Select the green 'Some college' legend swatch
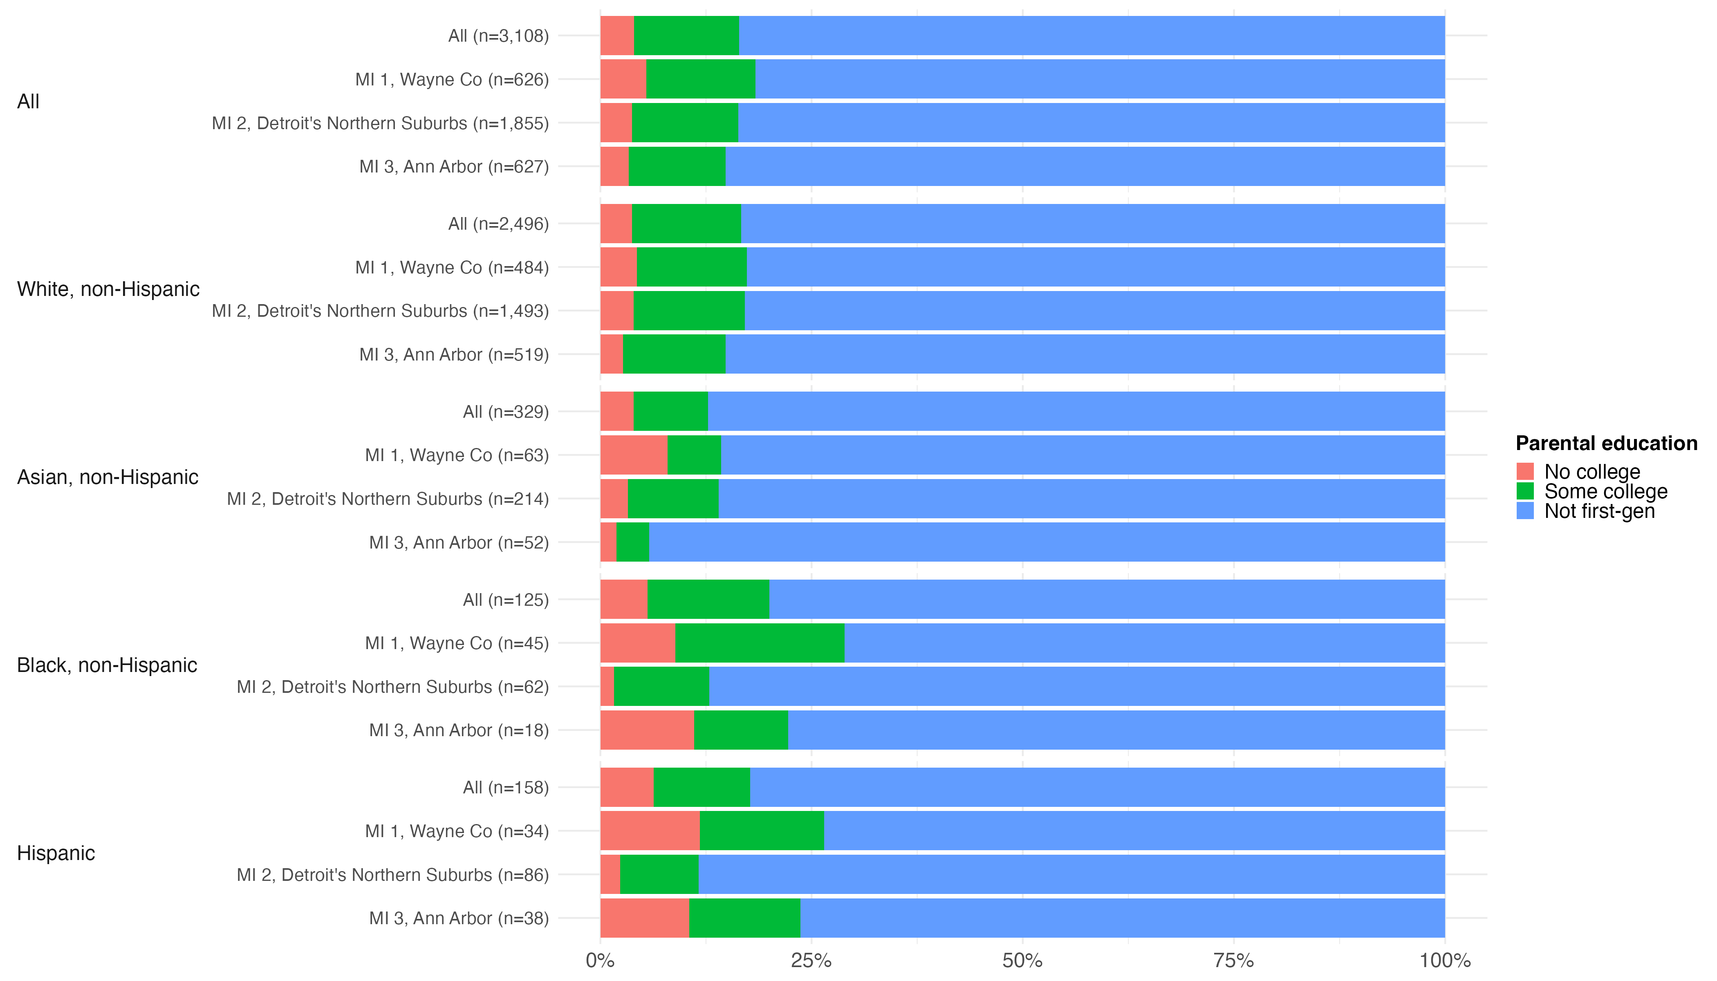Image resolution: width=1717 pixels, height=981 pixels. point(1525,491)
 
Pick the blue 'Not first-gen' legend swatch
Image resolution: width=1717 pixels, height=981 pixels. point(1525,511)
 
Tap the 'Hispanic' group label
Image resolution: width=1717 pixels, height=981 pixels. point(56,853)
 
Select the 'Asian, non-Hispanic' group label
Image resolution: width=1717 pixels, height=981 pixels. point(108,477)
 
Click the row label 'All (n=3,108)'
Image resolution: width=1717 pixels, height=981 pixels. point(499,36)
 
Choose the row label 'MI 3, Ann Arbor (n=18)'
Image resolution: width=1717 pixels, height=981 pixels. point(459,730)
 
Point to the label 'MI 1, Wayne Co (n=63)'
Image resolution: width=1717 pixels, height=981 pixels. point(457,455)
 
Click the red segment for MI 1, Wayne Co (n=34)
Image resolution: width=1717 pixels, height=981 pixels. point(650,831)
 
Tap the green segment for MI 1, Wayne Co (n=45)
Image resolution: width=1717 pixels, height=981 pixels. point(760,643)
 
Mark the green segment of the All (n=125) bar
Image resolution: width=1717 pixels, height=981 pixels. point(708,599)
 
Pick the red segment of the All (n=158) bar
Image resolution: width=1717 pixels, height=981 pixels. point(627,787)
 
